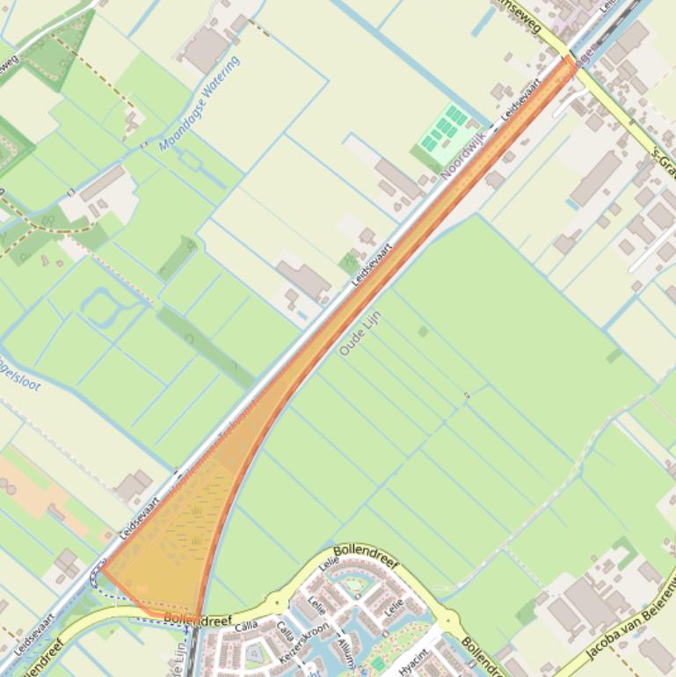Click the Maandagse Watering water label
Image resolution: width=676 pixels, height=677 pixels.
tap(200, 104)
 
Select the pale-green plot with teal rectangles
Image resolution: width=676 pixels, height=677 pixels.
tap(443, 132)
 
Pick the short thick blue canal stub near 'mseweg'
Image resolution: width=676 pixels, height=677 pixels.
tap(485, 23)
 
